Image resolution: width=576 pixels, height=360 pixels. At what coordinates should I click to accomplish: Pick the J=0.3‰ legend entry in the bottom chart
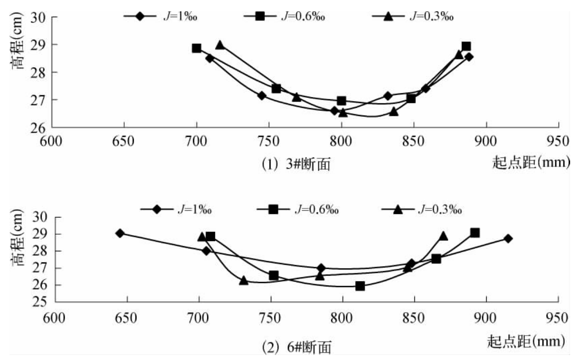[x=422, y=209]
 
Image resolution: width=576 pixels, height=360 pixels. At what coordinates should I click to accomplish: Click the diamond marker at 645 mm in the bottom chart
[x=120, y=233]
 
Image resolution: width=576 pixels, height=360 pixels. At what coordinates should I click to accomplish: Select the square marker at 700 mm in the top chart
[x=196, y=48]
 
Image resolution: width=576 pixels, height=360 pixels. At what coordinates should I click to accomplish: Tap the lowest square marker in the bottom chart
[x=360, y=286]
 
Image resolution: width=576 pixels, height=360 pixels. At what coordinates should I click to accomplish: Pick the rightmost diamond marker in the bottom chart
[x=508, y=238]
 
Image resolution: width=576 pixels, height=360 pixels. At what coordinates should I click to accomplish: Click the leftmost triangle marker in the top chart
[x=220, y=45]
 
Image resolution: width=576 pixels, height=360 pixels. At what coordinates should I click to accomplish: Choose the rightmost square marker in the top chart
[x=466, y=46]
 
